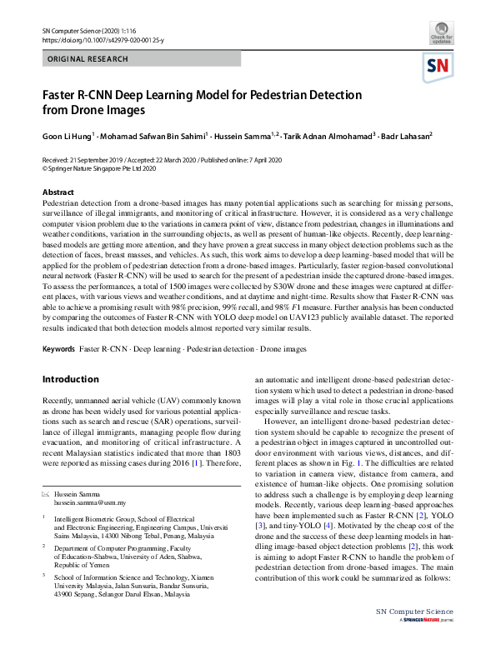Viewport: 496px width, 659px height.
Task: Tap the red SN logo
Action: tap(438, 67)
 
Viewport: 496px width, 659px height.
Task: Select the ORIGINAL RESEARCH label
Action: tap(88, 59)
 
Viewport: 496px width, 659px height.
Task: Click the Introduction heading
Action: tap(70, 380)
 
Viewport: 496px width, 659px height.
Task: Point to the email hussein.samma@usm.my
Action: tap(89, 503)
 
